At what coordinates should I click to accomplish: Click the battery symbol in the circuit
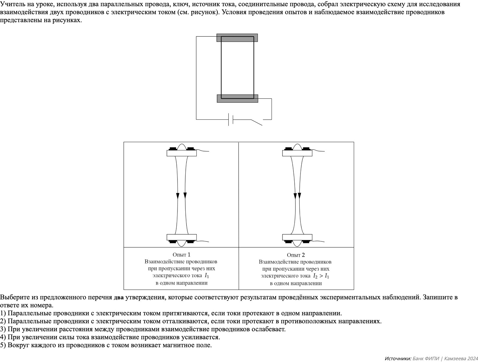(x=231, y=119)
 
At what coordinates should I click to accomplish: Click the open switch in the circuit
(x=256, y=122)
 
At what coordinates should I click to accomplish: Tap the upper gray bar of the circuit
(x=237, y=38)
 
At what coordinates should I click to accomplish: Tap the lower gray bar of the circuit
(x=237, y=98)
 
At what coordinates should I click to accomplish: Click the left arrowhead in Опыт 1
(x=178, y=196)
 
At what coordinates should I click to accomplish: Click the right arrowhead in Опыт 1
(x=185, y=195)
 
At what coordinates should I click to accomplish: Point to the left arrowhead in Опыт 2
(x=295, y=196)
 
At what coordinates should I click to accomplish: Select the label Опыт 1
(x=181, y=254)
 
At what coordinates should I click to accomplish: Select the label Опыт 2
(x=295, y=255)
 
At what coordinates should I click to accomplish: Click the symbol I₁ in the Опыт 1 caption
(x=207, y=276)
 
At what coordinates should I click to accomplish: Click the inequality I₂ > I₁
(x=321, y=276)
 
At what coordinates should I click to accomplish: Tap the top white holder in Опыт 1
(x=181, y=153)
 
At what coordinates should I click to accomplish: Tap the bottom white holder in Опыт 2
(x=297, y=237)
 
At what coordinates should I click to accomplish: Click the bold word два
(x=119, y=298)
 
